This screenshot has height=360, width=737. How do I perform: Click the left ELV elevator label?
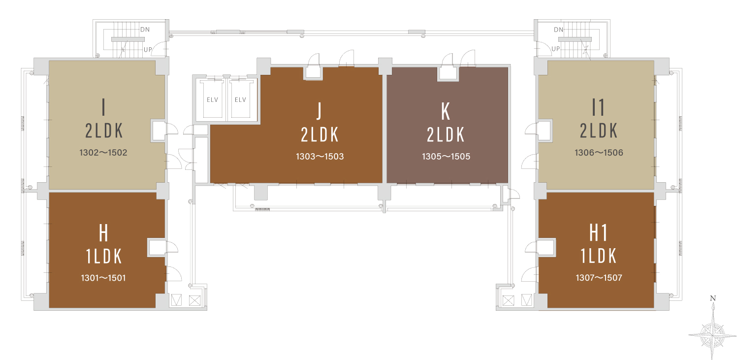pos(212,99)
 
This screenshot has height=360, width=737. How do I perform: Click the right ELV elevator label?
pos(240,99)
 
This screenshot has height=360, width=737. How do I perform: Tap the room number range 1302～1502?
pos(103,153)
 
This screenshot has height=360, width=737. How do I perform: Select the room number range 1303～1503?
pos(320,157)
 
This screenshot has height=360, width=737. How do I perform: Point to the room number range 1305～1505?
pos(446,157)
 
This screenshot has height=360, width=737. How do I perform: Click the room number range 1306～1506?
pos(599,153)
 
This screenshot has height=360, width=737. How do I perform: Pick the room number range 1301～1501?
pos(103,278)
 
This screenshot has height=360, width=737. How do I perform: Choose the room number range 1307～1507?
pos(599,278)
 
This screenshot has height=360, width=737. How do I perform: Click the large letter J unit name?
pos(319,111)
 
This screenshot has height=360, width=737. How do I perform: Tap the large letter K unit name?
pos(446,111)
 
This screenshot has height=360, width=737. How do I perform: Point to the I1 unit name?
pos(599,107)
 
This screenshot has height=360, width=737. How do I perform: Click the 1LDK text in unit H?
pos(104,257)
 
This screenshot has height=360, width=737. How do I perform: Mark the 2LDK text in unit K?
pos(446,134)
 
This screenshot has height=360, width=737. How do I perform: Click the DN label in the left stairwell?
pos(145,30)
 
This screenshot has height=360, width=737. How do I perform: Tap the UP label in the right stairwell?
pos(556,49)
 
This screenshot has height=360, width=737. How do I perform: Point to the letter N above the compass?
pos(713,298)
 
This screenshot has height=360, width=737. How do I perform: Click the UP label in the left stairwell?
pos(148,49)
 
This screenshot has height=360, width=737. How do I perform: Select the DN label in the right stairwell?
pos(559,30)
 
